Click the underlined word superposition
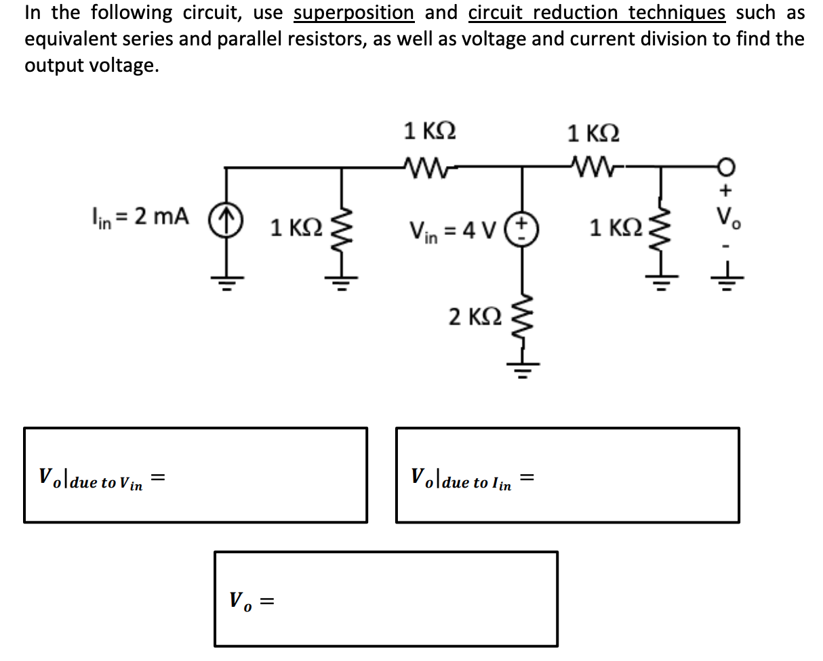(354, 13)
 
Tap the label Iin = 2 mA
(140, 217)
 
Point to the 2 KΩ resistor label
(475, 316)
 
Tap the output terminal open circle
(725, 167)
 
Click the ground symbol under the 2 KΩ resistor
(521, 370)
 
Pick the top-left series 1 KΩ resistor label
(430, 130)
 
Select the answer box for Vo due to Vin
(196, 475)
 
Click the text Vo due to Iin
(463, 479)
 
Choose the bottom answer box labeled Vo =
(386, 599)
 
